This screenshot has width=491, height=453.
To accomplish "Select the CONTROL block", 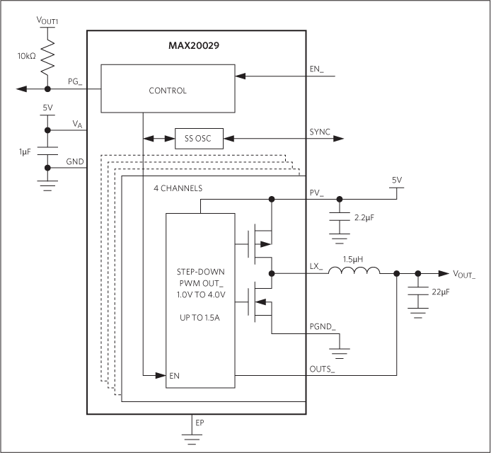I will tap(168, 90).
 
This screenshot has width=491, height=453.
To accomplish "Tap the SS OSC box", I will tap(199, 139).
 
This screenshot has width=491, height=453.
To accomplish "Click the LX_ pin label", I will tap(316, 267).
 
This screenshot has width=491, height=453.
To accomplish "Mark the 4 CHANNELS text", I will tap(179, 189).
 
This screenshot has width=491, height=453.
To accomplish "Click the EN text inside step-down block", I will tap(174, 376).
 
